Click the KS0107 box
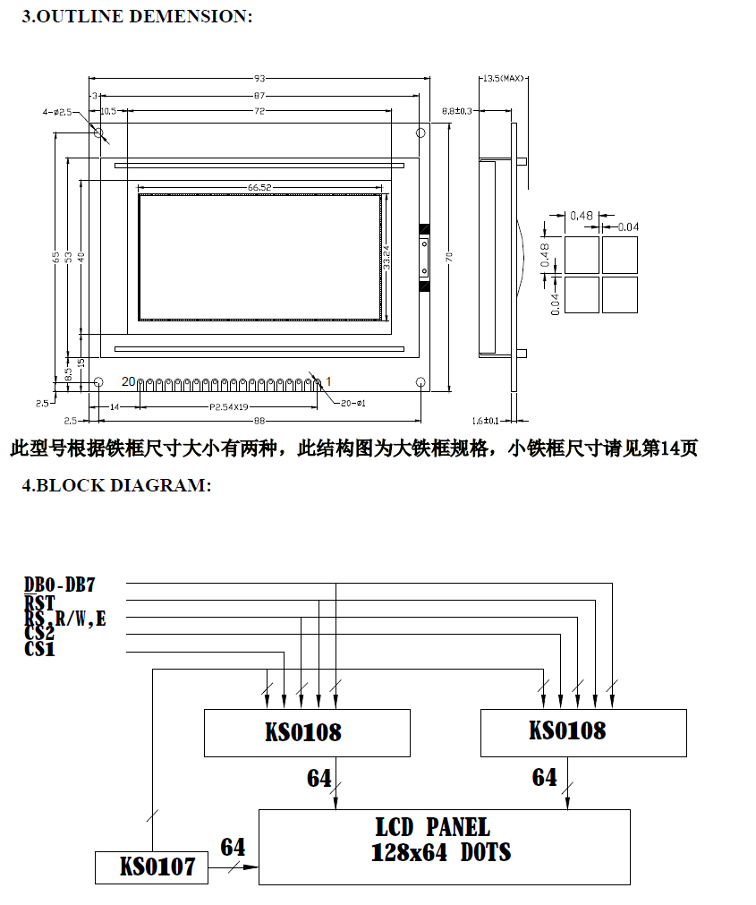coord(151,867)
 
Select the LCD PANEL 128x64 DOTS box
coord(444,847)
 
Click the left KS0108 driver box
coord(307,732)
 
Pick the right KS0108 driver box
coord(583,731)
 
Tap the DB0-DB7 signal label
coord(60,585)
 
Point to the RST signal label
coord(40,602)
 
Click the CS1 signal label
coord(40,651)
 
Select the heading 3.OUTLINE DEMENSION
coord(137,16)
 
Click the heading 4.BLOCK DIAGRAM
coord(116,485)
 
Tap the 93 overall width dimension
coord(260,79)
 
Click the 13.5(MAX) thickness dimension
coord(503,79)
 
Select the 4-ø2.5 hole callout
coord(55,112)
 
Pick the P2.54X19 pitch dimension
coord(229,407)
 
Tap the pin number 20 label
coord(128,381)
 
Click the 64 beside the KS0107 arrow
coord(233,847)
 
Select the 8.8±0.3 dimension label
coord(459,111)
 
